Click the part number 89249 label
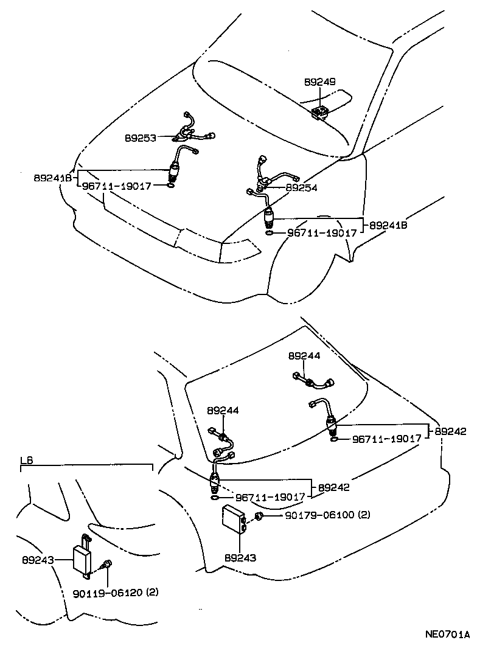[320, 81]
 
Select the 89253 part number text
[140, 138]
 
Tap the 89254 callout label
[301, 189]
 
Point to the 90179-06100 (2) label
[327, 515]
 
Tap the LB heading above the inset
[26, 461]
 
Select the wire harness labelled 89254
[270, 176]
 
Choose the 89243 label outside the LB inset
[240, 557]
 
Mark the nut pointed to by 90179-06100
[259, 517]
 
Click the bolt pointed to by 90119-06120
[107, 565]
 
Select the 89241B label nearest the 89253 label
[52, 178]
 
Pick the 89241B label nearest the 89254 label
[386, 225]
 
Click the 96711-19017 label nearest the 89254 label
[322, 232]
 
